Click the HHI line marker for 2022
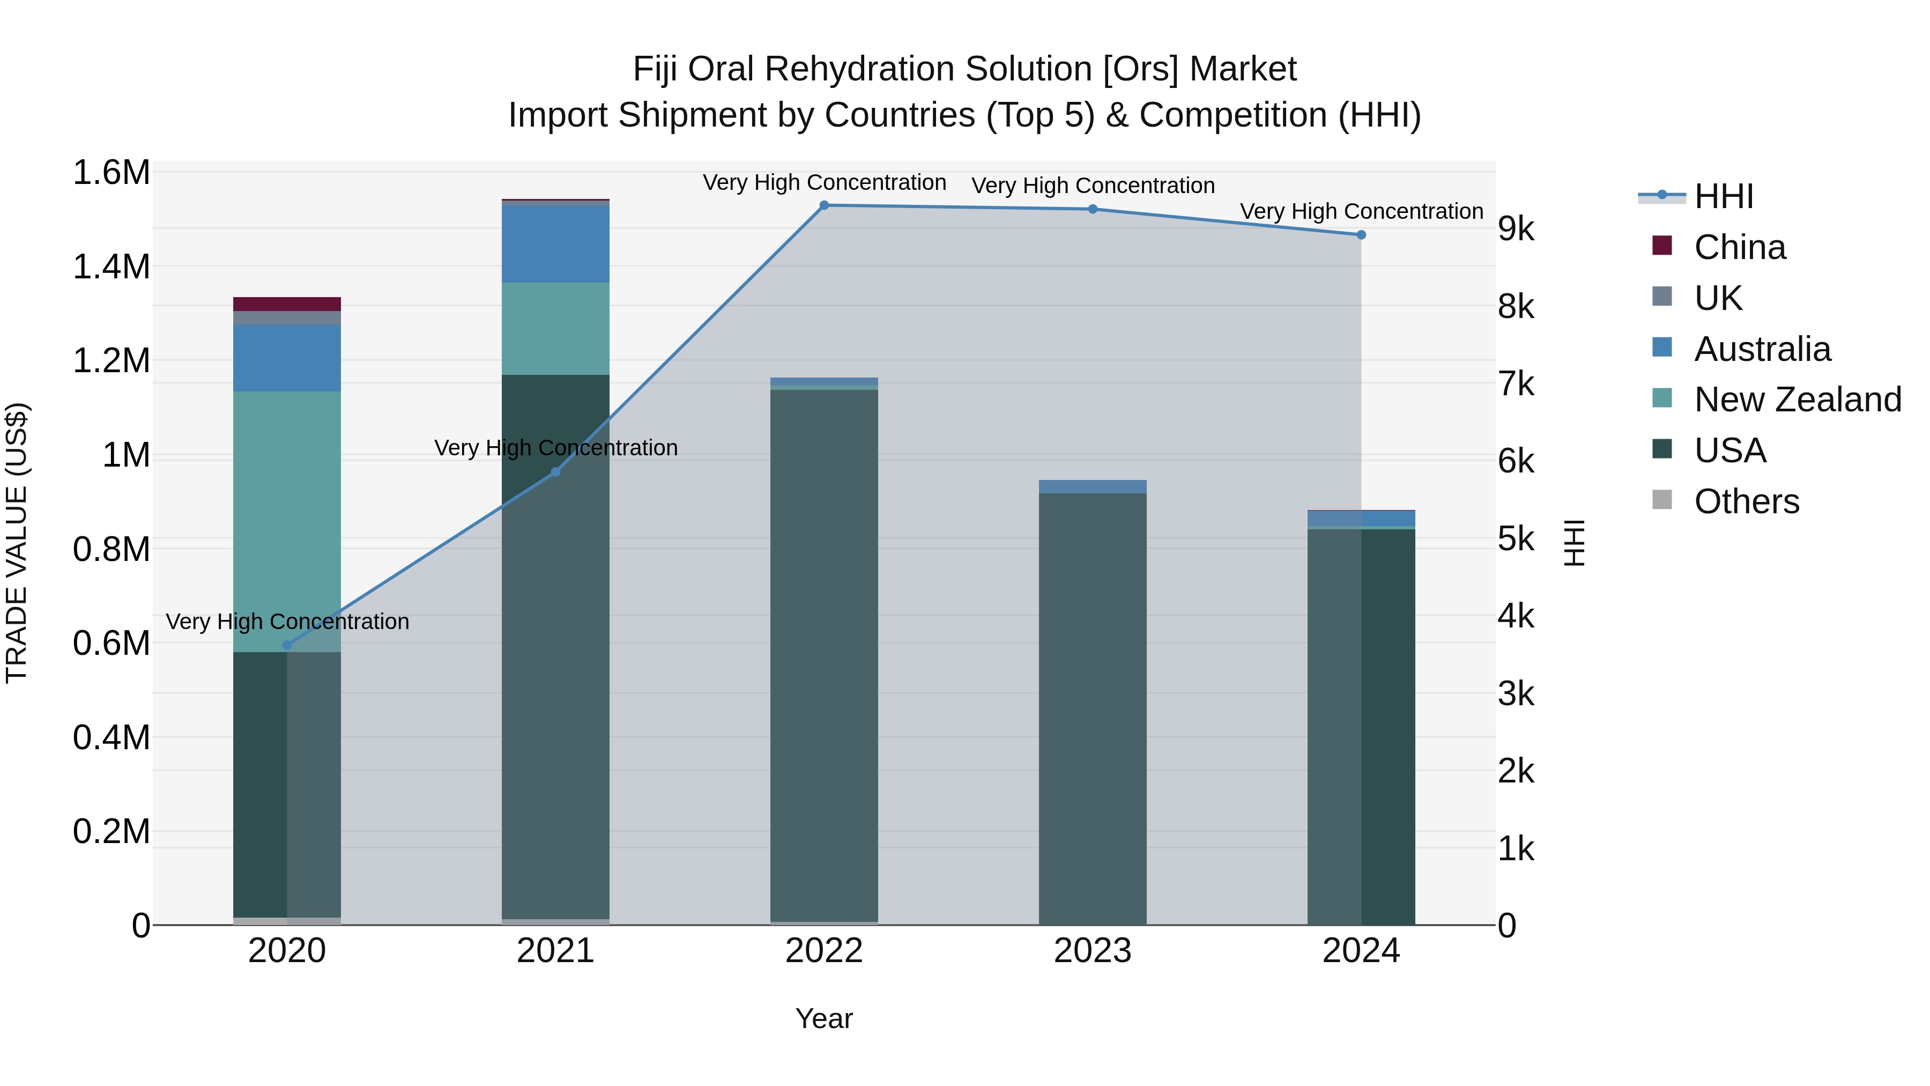coord(824,205)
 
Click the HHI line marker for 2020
coord(287,645)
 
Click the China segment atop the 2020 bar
coord(287,304)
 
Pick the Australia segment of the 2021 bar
coord(555,243)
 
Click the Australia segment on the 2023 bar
coord(1093,487)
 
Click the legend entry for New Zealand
coord(1797,400)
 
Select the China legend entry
coord(1739,247)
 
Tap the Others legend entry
coord(1746,501)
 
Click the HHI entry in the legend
coord(1723,196)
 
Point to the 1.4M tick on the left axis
coord(111,267)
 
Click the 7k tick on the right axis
coord(1516,384)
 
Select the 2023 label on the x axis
coord(1093,951)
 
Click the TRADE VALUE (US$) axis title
coord(17,543)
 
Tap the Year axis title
coord(824,1018)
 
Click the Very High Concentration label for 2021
coord(555,448)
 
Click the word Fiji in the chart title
coord(656,69)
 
